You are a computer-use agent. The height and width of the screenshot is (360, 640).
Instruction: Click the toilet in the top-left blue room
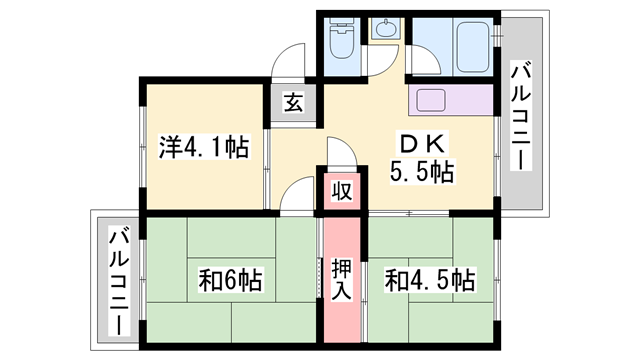[341, 41]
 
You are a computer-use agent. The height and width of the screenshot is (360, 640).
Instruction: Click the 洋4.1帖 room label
[204, 148]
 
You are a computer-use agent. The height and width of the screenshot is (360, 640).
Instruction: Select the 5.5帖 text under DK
[421, 172]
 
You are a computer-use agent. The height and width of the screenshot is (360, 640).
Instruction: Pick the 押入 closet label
[340, 278]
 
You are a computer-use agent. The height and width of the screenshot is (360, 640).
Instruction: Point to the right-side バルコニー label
[523, 115]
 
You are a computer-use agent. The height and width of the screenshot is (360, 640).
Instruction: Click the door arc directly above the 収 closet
[337, 152]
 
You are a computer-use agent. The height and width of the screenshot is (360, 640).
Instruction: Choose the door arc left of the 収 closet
[298, 195]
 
